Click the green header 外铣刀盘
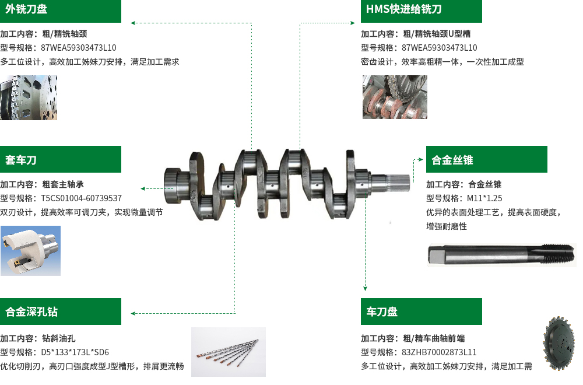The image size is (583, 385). (x=61, y=10)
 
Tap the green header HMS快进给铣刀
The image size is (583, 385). (x=422, y=10)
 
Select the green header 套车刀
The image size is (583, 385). (x=61, y=159)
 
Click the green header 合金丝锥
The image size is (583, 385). (x=487, y=159)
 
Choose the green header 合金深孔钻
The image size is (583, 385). (x=61, y=311)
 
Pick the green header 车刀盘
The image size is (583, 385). (x=422, y=311)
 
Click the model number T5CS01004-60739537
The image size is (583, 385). (x=82, y=198)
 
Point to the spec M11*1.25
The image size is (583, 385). (x=484, y=198)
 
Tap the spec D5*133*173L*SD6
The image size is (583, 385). (x=75, y=352)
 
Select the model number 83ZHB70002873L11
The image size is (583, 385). (x=439, y=352)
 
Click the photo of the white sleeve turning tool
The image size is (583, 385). (x=30, y=251)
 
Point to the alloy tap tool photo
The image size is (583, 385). (x=502, y=255)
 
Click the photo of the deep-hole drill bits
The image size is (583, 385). (x=229, y=352)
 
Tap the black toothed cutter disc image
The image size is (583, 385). (x=560, y=343)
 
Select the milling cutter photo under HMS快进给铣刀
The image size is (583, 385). (x=395, y=97)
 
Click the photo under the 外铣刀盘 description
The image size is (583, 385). (x=29, y=97)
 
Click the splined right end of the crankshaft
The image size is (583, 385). (x=397, y=181)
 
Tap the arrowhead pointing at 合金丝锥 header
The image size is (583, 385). (x=420, y=160)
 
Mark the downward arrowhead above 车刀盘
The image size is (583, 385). (x=365, y=288)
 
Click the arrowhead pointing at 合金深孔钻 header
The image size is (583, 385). (x=133, y=313)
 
